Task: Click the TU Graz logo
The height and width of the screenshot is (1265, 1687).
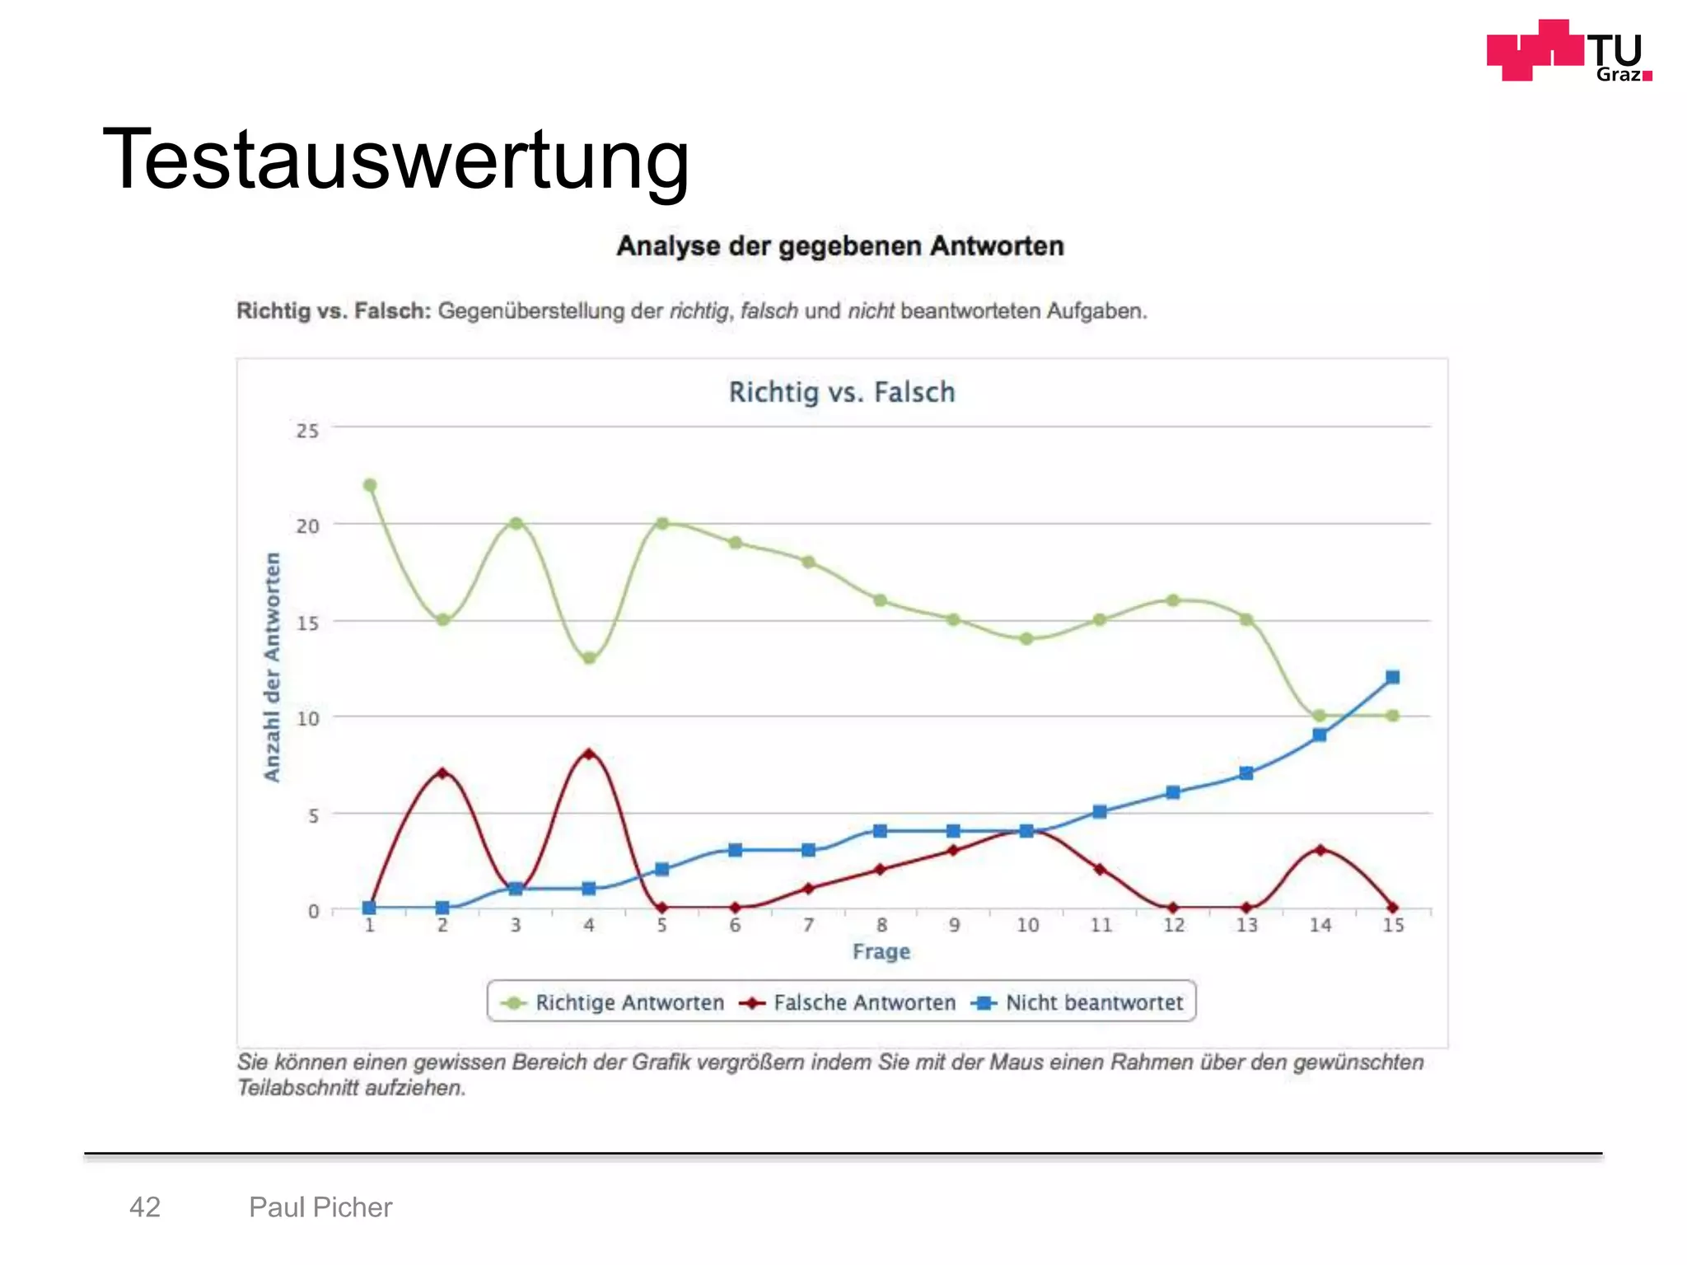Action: [x=1568, y=51]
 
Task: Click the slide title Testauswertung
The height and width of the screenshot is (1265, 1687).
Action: [x=395, y=160]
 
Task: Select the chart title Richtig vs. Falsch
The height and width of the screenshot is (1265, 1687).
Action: [x=841, y=392]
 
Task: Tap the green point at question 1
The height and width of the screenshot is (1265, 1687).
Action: [x=370, y=485]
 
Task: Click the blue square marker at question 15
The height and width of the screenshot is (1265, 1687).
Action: [x=1392, y=677]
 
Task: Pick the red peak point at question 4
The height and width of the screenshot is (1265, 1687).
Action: [x=588, y=754]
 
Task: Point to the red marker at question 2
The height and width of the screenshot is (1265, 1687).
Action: [x=442, y=773]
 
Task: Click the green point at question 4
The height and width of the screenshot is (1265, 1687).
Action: [x=588, y=658]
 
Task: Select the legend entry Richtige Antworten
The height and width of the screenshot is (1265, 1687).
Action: [x=629, y=1002]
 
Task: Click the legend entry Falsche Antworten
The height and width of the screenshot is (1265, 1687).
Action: [x=863, y=1002]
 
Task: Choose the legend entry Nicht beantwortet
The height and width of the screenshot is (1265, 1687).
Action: [x=1093, y=1002]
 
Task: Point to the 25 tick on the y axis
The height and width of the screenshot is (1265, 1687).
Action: [x=307, y=431]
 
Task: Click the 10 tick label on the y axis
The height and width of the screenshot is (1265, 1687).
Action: [x=307, y=718]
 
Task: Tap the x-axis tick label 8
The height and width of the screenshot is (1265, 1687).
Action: [x=881, y=926]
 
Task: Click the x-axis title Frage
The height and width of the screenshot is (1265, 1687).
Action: [x=881, y=951]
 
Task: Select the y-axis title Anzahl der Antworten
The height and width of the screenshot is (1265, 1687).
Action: [x=272, y=667]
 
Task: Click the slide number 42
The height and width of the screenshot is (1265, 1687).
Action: [x=145, y=1207]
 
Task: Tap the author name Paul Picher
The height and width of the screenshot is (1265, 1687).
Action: [x=320, y=1207]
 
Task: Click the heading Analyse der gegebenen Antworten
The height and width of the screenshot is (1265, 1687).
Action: [x=840, y=246]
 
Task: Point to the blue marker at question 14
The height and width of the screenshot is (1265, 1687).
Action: [x=1320, y=735]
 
